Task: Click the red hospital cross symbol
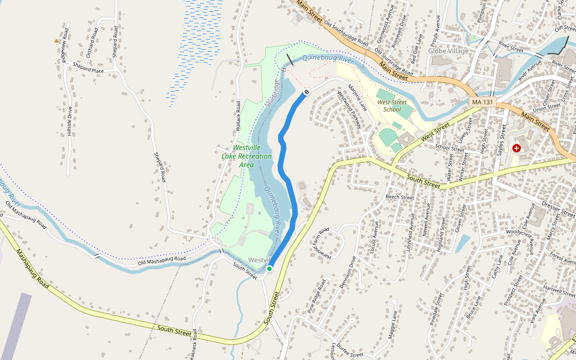pos(517,148)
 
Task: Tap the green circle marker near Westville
pos(269,268)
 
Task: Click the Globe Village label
pos(449,51)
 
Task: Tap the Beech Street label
pos(400,197)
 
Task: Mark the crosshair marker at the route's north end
pos(306,92)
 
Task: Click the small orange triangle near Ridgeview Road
pos(56,41)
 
